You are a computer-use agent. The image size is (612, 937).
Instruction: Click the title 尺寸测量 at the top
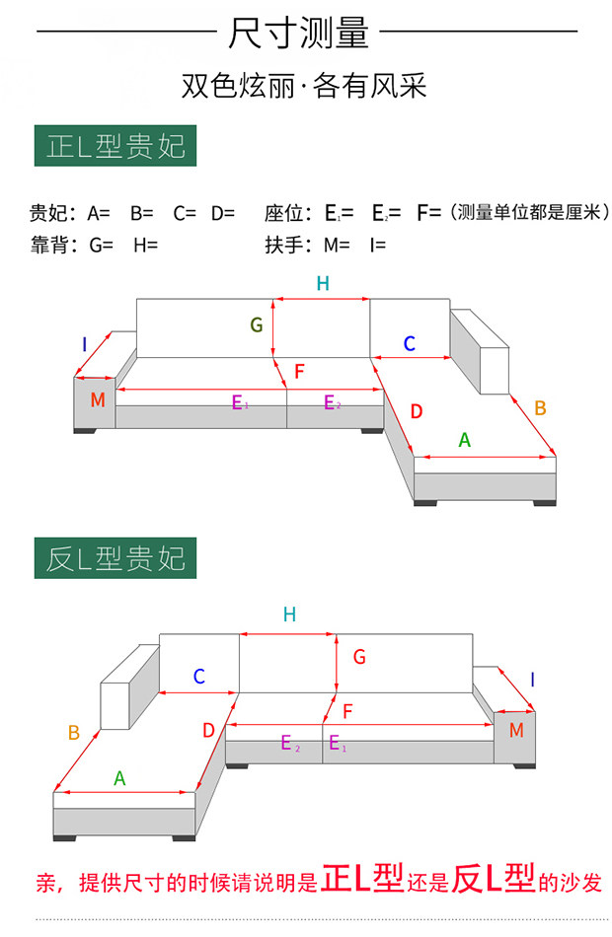(298, 34)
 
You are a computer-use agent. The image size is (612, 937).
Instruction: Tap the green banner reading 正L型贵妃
(115, 147)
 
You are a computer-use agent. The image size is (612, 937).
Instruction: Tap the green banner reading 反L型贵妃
(115, 558)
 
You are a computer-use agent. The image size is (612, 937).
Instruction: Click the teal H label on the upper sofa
(323, 284)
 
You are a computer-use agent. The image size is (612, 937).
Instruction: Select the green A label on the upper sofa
(464, 441)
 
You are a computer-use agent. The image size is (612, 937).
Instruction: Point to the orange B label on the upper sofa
(540, 407)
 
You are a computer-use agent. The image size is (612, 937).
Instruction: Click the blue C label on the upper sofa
(409, 344)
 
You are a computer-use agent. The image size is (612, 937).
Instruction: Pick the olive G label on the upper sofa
(256, 324)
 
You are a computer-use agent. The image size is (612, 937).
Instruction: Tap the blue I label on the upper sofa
(85, 344)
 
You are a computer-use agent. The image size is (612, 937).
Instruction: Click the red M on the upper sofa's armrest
(97, 400)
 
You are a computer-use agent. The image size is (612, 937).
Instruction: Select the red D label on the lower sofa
(208, 731)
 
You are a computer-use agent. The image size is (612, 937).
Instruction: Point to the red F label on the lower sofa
(347, 710)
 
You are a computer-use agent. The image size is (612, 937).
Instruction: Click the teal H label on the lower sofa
(289, 614)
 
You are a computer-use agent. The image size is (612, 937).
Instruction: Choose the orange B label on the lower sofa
(73, 733)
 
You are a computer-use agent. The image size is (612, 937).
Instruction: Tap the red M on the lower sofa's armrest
(516, 731)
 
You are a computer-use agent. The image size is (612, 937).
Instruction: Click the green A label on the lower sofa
(119, 778)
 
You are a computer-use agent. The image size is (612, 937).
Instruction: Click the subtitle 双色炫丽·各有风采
(304, 87)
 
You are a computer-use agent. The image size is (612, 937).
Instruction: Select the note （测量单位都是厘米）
(528, 212)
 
